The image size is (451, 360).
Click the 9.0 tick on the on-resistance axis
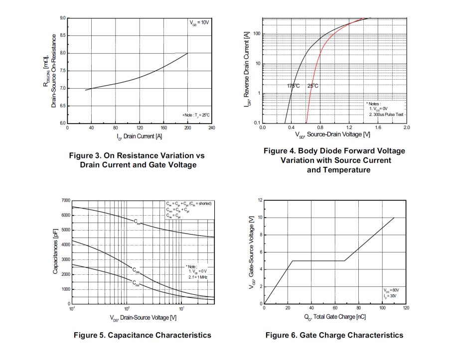click(63, 18)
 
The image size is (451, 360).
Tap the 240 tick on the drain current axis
click(211, 128)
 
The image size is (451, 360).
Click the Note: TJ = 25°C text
click(195, 115)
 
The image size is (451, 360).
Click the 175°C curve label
click(294, 86)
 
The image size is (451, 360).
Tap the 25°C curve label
click(312, 86)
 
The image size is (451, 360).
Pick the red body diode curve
click(319, 60)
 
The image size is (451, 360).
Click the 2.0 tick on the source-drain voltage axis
click(406, 127)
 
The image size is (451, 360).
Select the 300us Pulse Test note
click(386, 115)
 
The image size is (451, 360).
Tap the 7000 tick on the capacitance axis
click(65, 200)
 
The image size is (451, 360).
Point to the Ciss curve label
click(137, 221)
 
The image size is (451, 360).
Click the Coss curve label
click(136, 270)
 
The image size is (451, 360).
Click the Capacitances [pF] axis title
click(55, 251)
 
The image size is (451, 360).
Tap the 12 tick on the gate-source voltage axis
click(260, 200)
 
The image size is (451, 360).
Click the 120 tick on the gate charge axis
click(406, 308)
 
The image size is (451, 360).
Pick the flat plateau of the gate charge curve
click(319, 260)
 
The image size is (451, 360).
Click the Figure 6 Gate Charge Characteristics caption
click(334, 335)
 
